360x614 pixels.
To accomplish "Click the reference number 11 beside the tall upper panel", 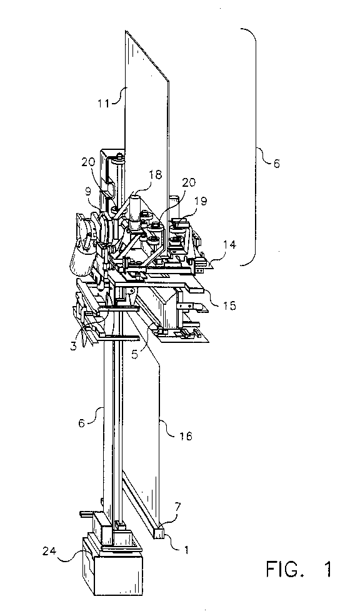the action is (103, 104).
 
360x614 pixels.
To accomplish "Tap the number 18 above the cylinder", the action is (156, 175).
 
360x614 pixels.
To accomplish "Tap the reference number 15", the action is (230, 305).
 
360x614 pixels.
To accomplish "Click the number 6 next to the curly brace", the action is (277, 163).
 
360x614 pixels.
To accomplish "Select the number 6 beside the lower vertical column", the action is (82, 423).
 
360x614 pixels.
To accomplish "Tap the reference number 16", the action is (186, 436).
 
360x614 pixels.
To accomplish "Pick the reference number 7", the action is (177, 508).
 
